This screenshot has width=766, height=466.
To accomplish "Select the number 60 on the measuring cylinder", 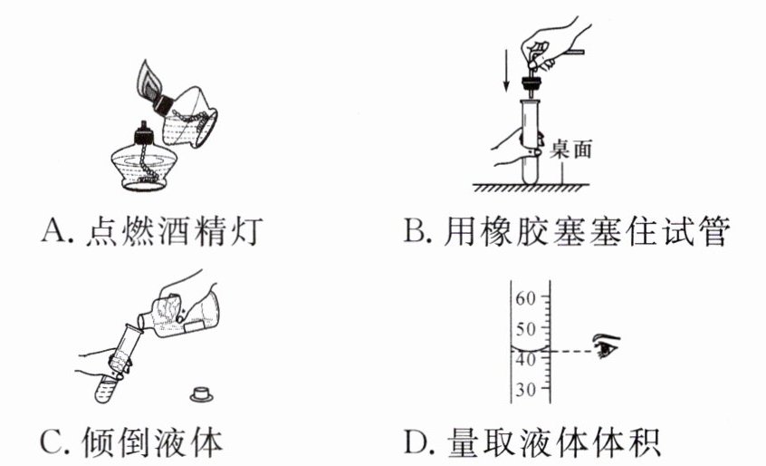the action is [526, 296].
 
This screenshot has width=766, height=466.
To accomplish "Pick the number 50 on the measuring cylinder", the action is [526, 328].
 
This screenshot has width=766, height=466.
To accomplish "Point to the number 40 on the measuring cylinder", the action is [526, 359].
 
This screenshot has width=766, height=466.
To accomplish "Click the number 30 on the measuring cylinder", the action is [526, 390].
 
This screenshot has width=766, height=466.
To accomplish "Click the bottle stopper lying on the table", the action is [201, 393].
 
